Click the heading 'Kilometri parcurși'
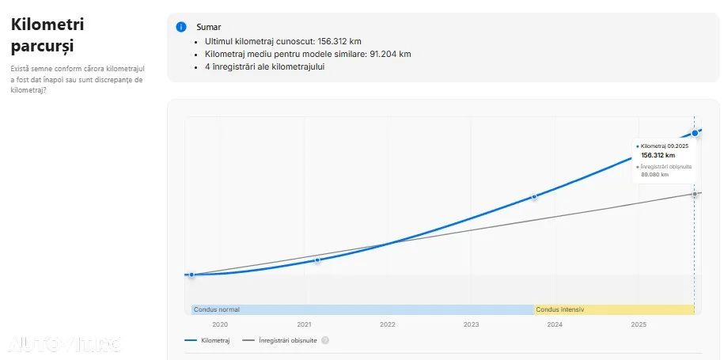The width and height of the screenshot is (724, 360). point(47,35)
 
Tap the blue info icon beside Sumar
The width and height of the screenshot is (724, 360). point(181,27)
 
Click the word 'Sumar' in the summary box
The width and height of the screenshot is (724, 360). point(209,27)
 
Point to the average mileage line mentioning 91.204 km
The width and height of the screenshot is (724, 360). point(307,54)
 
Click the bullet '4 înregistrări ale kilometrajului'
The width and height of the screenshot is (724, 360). point(264,66)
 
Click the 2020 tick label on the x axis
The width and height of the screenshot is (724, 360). point(220,324)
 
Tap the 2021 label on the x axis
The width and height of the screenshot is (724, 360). point(304,324)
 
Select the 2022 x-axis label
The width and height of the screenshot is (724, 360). point(388,324)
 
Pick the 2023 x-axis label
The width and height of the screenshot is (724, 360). point(472,324)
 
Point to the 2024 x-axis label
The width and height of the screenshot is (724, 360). point(555,324)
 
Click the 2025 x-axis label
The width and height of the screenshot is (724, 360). point(639,324)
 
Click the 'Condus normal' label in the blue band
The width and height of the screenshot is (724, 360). point(217,309)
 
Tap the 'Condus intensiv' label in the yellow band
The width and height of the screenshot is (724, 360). point(560,309)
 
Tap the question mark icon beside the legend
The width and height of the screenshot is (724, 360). point(325,340)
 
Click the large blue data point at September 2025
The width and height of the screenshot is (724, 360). point(695,133)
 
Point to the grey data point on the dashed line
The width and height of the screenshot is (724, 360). point(695,194)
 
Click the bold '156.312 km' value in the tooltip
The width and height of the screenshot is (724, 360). point(658,155)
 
